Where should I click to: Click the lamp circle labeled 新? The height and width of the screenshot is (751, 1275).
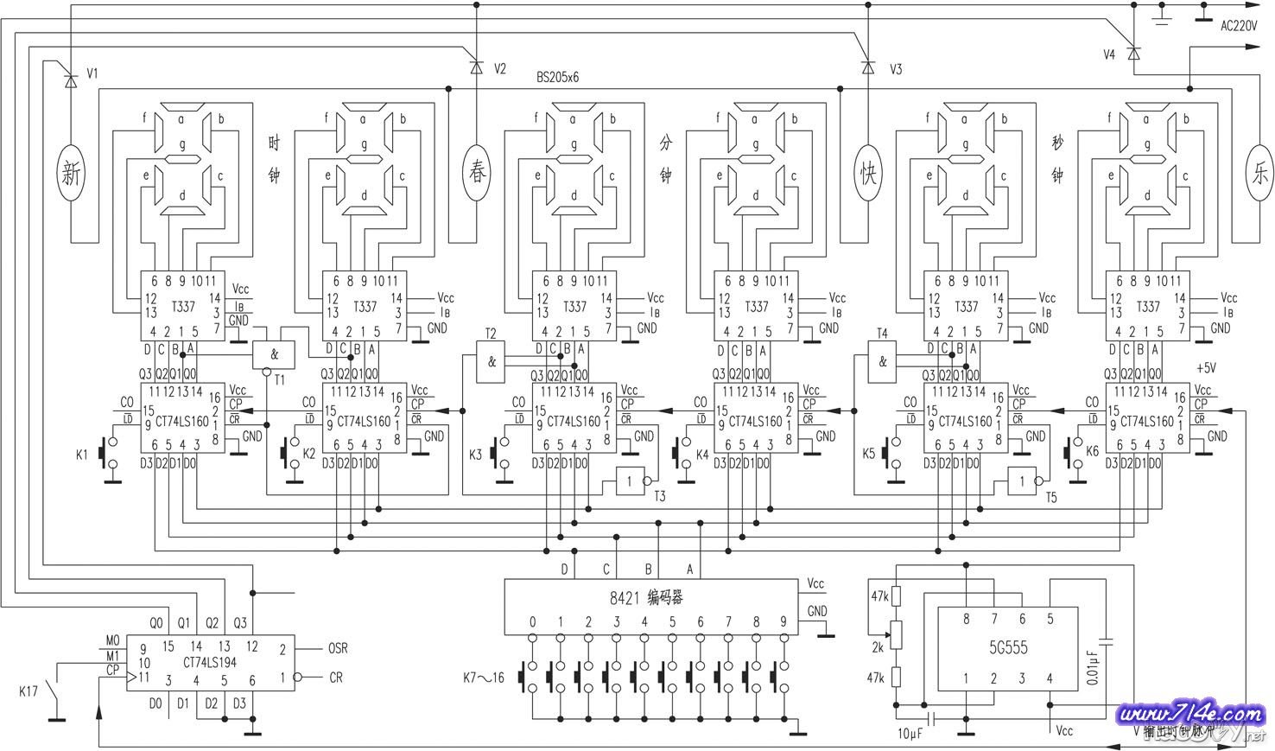pos(72,175)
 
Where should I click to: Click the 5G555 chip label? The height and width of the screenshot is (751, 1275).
pos(1008,647)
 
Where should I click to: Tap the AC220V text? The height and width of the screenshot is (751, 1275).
pos(1238,26)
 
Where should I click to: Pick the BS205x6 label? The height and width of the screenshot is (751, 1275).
pos(557,77)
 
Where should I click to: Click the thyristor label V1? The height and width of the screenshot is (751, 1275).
pos(93,74)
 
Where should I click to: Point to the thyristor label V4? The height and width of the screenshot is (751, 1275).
pos(1110,54)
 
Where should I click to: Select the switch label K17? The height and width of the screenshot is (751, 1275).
pos(29,691)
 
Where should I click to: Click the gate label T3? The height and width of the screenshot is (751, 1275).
pos(660,496)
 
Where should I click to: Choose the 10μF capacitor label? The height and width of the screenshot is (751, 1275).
pos(910,734)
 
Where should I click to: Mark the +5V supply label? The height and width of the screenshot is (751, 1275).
pos(1205,367)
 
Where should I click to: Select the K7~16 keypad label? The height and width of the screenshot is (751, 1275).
pos(484,675)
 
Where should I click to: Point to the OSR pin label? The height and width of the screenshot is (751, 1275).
pos(339,648)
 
